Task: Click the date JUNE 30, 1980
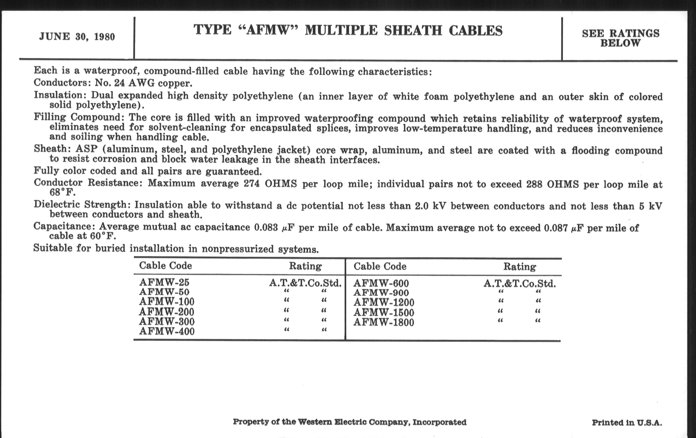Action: (77, 37)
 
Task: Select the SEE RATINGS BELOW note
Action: (620, 38)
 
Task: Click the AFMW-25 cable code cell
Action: (164, 282)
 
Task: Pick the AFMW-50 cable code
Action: (164, 292)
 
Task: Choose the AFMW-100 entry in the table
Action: (167, 302)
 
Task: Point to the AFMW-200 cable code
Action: (167, 312)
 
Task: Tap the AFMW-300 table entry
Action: (167, 321)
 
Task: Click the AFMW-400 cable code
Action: (167, 331)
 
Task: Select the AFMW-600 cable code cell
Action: (381, 283)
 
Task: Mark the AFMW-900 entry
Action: (381, 293)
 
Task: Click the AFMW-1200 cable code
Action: (384, 303)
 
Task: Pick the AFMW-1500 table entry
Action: (384, 313)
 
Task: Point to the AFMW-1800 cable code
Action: (384, 322)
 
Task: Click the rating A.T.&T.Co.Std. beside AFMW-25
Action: (305, 283)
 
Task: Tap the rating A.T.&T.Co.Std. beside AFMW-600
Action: (519, 284)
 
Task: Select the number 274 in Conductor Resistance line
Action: (252, 184)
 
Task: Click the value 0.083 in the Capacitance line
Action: (266, 228)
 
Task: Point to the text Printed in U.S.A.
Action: (627, 423)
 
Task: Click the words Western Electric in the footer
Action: (327, 422)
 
